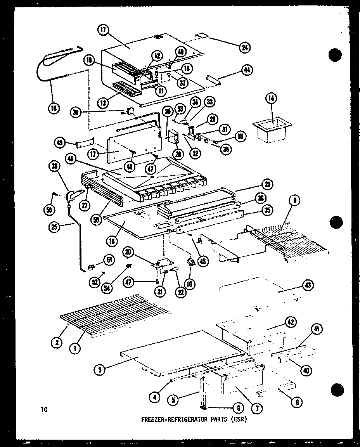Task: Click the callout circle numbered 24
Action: click(245, 48)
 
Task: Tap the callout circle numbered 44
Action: click(246, 70)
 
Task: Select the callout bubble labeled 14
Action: click(271, 99)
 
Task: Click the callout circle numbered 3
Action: click(100, 369)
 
